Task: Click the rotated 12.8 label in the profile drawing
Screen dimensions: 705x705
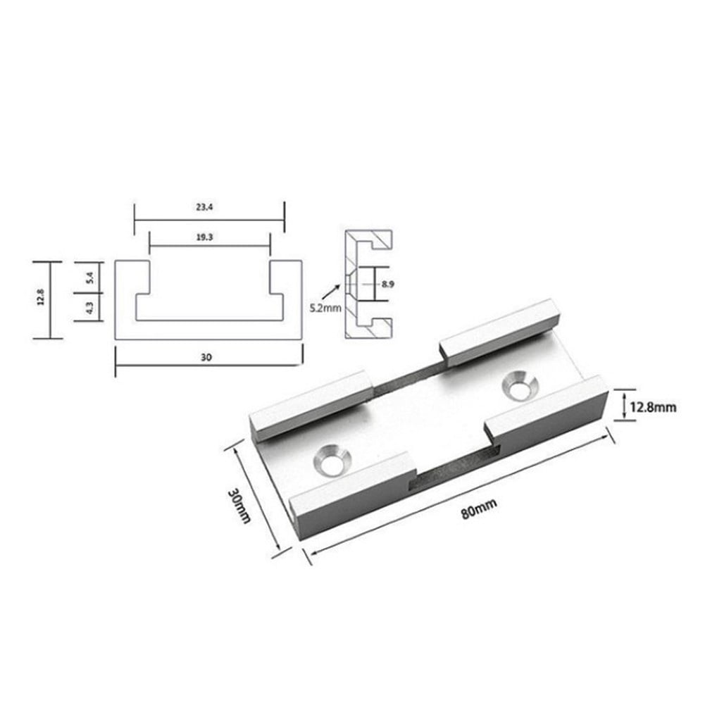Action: pos(42,299)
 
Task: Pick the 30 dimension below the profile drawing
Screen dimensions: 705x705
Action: pos(206,358)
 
